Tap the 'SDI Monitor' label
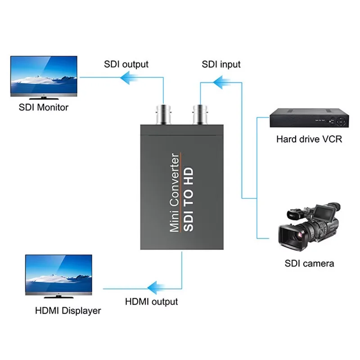[x=44, y=108]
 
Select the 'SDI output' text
[x=126, y=64]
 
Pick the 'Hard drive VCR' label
[x=309, y=139]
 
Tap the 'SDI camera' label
[x=309, y=264]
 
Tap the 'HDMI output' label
[x=151, y=301]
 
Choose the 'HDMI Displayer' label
[x=68, y=310]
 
